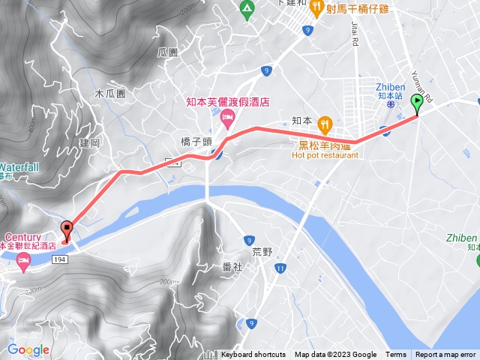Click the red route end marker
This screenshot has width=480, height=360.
[x=66, y=231]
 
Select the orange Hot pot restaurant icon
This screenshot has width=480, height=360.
[x=325, y=123]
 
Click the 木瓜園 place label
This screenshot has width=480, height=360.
[x=109, y=94]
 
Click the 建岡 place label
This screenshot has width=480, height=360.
[x=88, y=142]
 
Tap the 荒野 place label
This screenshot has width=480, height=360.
[x=263, y=253]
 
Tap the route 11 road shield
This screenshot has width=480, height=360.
[x=280, y=268]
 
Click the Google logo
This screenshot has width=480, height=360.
[x=28, y=349]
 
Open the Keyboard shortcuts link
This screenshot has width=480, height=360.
[x=253, y=355]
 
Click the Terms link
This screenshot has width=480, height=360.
[x=396, y=355]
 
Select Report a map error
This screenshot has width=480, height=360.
[x=445, y=355]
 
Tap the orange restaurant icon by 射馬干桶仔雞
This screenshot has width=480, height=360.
[x=317, y=8]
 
